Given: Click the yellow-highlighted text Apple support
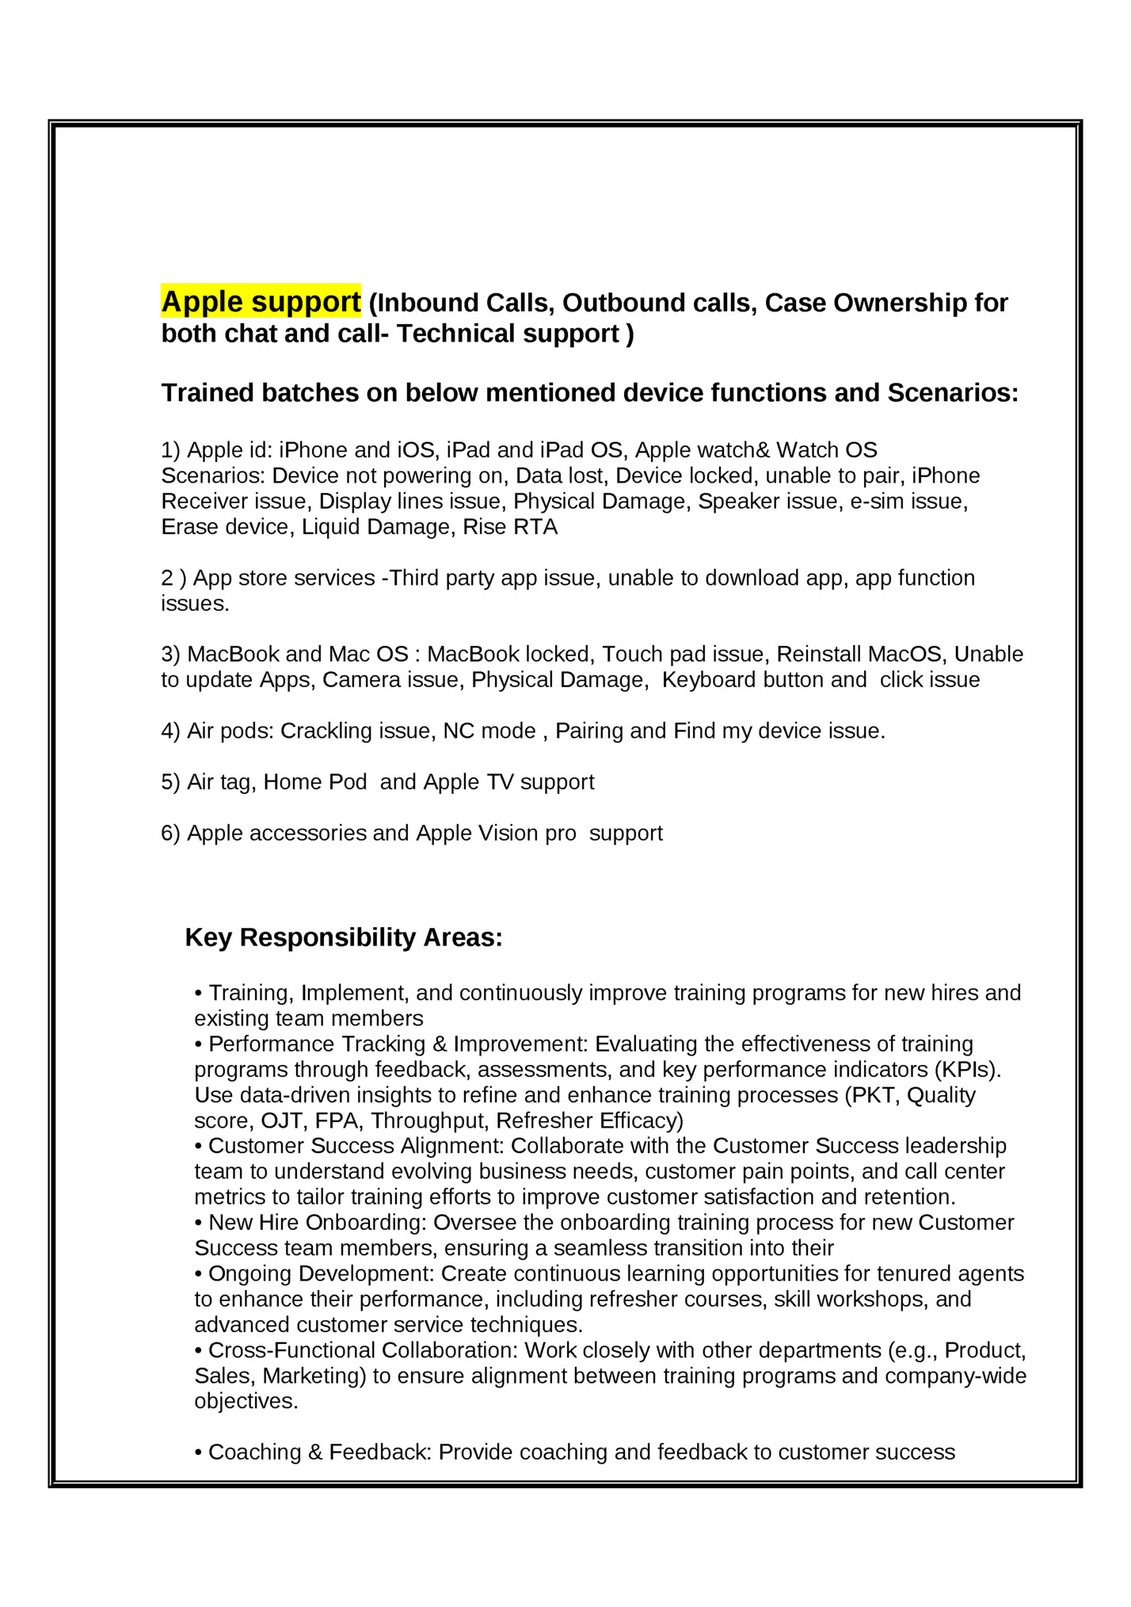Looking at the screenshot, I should click(x=261, y=302).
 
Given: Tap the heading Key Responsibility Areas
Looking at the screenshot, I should click(x=344, y=937).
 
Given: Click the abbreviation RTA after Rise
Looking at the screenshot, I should click(x=535, y=527).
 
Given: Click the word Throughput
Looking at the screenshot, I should click(x=429, y=1120).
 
